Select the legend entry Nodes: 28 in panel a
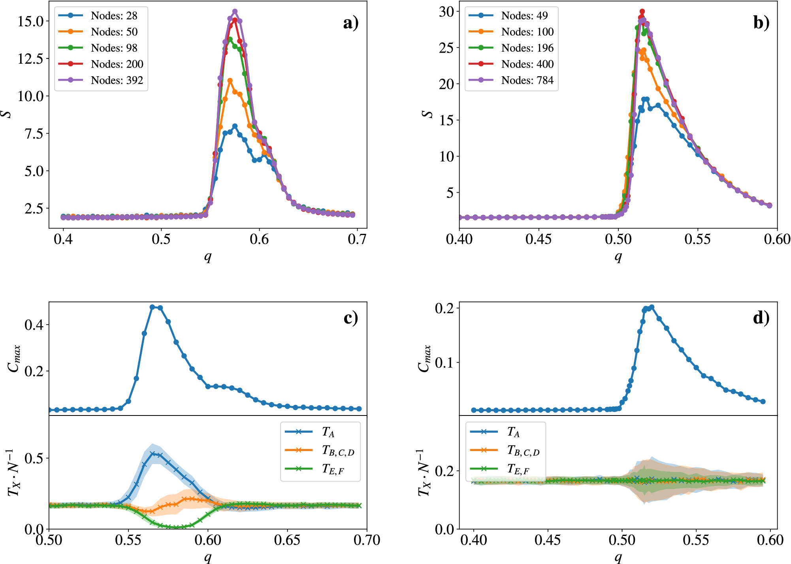tap(114, 16)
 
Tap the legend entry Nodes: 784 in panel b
tap(527, 80)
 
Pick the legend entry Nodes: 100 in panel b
tap(527, 32)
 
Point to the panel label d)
tap(761, 318)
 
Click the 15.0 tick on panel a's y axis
tap(30, 21)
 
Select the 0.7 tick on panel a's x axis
tap(357, 239)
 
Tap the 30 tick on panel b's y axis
tap(446, 12)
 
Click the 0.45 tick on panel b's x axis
tap(539, 239)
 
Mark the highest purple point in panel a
tap(235, 11)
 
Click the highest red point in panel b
tap(642, 11)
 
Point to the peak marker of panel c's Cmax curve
tap(152, 307)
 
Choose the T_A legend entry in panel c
tap(328, 432)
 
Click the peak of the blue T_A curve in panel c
tap(152, 453)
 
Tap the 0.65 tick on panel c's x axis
tap(287, 540)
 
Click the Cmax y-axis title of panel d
tap(424, 358)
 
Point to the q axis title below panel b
tap(618, 257)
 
